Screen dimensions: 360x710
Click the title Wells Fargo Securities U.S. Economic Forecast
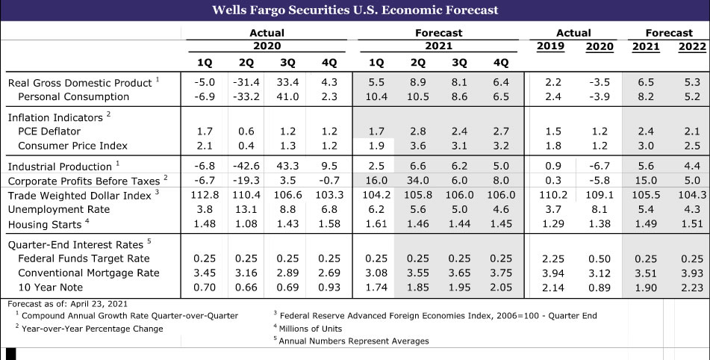click(x=355, y=10)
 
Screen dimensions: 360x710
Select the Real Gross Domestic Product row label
click(x=78, y=82)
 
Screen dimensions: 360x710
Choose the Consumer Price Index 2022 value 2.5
click(x=691, y=146)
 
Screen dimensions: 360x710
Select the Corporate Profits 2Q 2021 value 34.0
click(x=418, y=180)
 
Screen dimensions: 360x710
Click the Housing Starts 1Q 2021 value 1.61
click(x=376, y=224)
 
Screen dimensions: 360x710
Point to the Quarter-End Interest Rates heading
click(x=75, y=244)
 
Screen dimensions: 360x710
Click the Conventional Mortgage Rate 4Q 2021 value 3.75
click(x=500, y=273)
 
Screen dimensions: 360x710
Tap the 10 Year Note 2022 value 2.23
click(x=691, y=287)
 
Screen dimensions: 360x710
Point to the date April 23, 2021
click(x=98, y=303)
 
